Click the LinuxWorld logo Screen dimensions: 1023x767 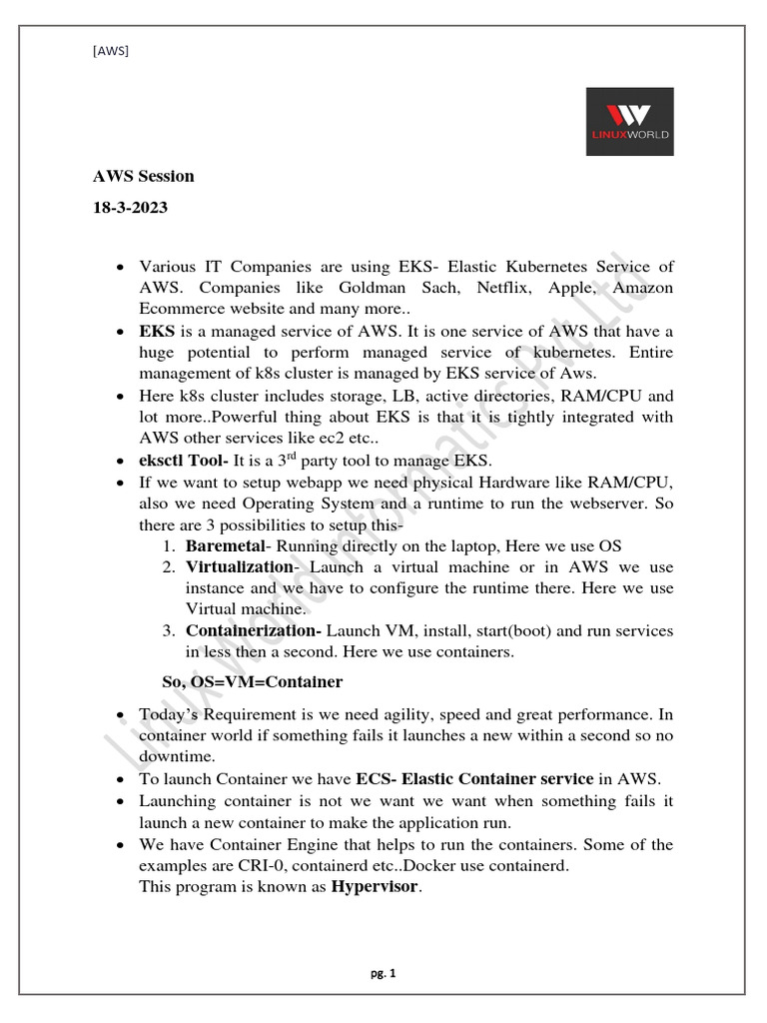[x=629, y=121]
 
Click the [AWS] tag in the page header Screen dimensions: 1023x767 [x=110, y=50]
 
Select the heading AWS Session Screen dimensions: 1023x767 [x=144, y=177]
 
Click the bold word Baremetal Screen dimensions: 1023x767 [x=226, y=546]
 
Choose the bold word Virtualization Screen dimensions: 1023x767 [x=238, y=567]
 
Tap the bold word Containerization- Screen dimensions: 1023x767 [x=254, y=631]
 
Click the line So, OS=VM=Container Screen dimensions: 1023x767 [x=252, y=682]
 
